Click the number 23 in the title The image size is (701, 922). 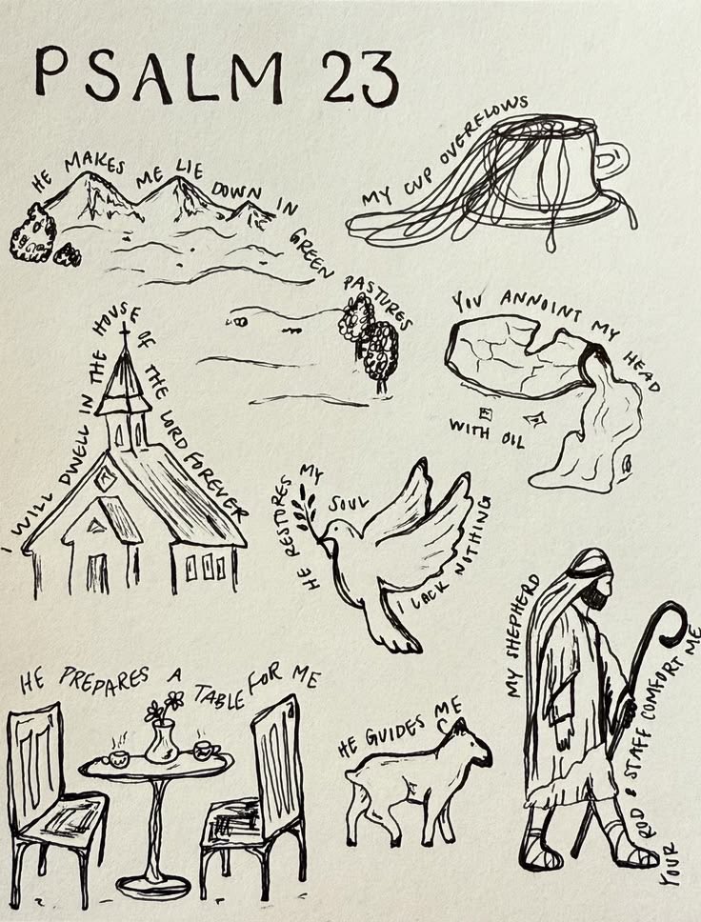pos(360,79)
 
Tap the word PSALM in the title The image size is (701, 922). pos(159,74)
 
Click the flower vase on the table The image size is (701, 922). pos(161,741)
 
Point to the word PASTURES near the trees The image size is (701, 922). pos(377,301)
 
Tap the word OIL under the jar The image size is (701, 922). pos(511,440)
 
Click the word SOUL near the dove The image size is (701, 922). pos(349,503)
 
